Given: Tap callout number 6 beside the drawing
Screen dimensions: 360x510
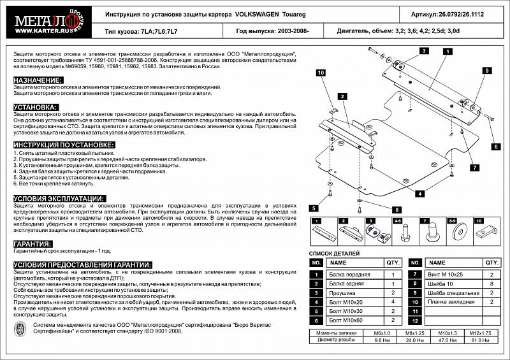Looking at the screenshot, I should click(493, 147).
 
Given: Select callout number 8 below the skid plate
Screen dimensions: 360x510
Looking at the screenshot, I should click(395, 210).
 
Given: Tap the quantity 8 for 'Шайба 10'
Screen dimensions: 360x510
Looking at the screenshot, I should click(491, 284).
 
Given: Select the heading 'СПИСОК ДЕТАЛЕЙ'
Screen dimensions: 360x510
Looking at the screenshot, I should click(335, 254).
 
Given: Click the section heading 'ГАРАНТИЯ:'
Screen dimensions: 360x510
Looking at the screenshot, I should click(33, 244).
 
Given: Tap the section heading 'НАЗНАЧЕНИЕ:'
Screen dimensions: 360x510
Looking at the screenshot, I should click(38, 80).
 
